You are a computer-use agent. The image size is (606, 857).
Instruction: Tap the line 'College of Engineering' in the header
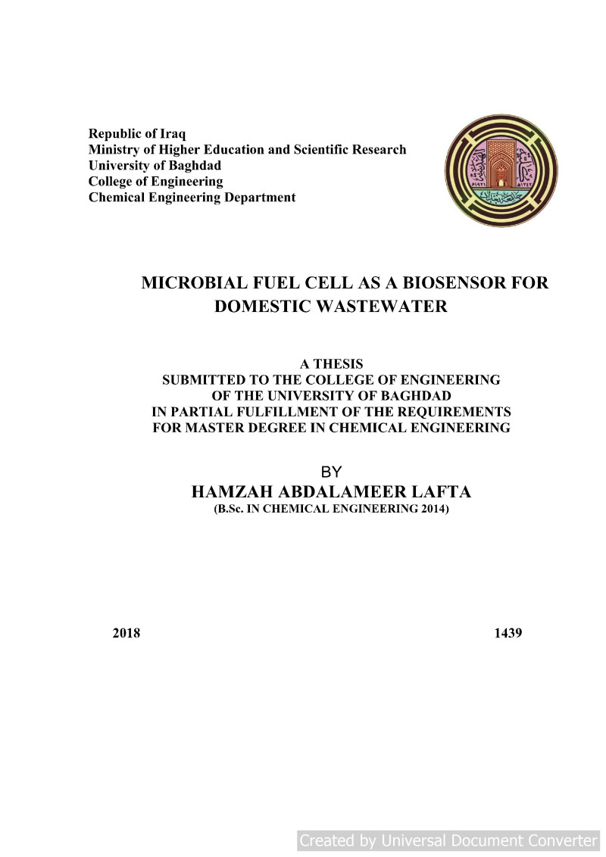pyautogui.click(x=155, y=182)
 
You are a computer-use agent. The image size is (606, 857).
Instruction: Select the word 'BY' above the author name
pyautogui.click(x=332, y=472)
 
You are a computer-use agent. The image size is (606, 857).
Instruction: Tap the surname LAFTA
pyautogui.click(x=439, y=492)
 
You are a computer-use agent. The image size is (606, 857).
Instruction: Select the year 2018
pyautogui.click(x=127, y=633)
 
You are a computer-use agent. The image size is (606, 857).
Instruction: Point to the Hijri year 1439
pyautogui.click(x=508, y=633)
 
